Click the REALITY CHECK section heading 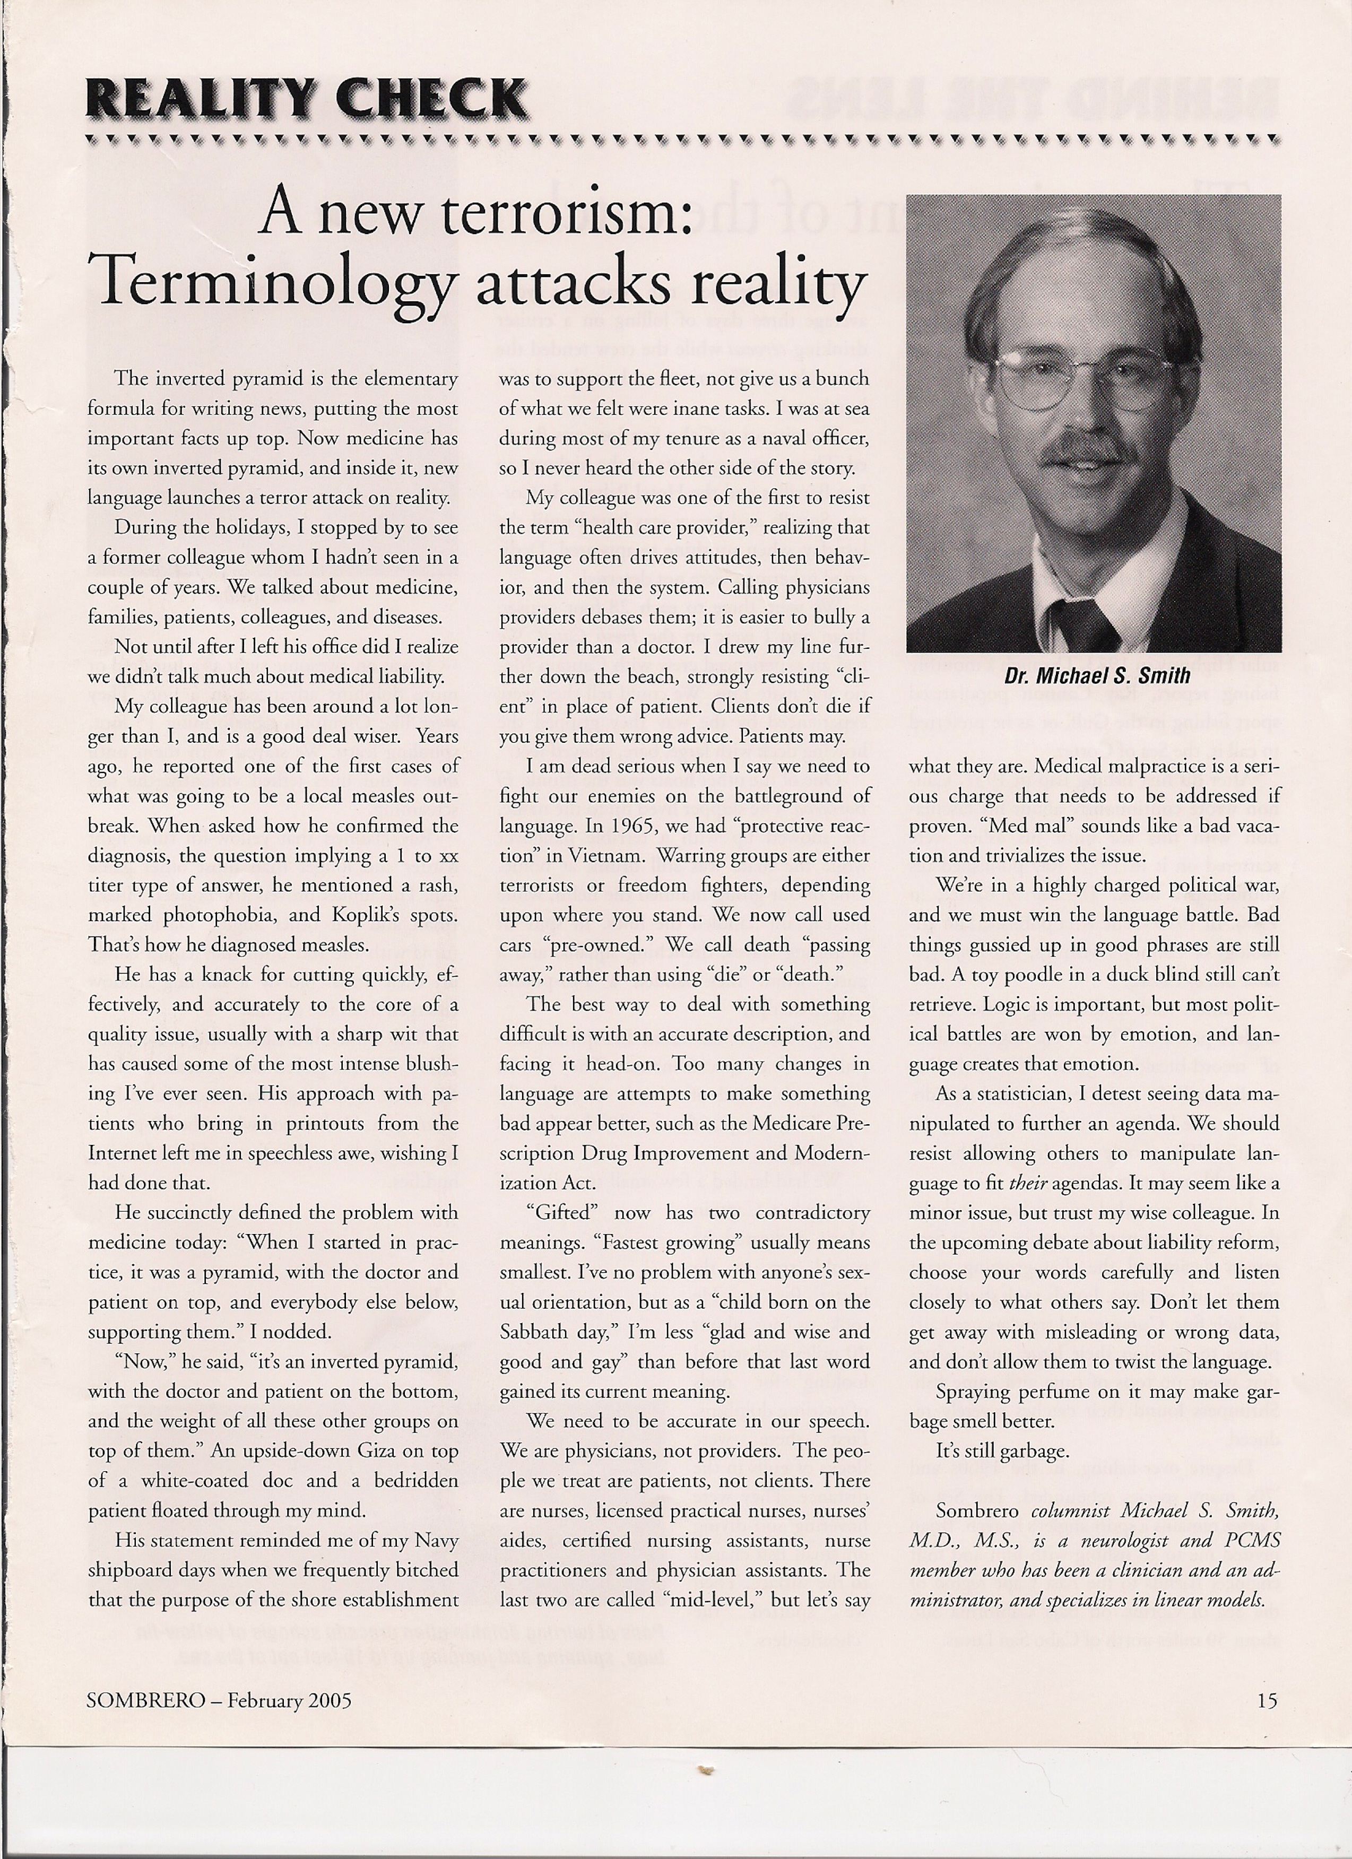(305, 100)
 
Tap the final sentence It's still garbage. (1002, 1452)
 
